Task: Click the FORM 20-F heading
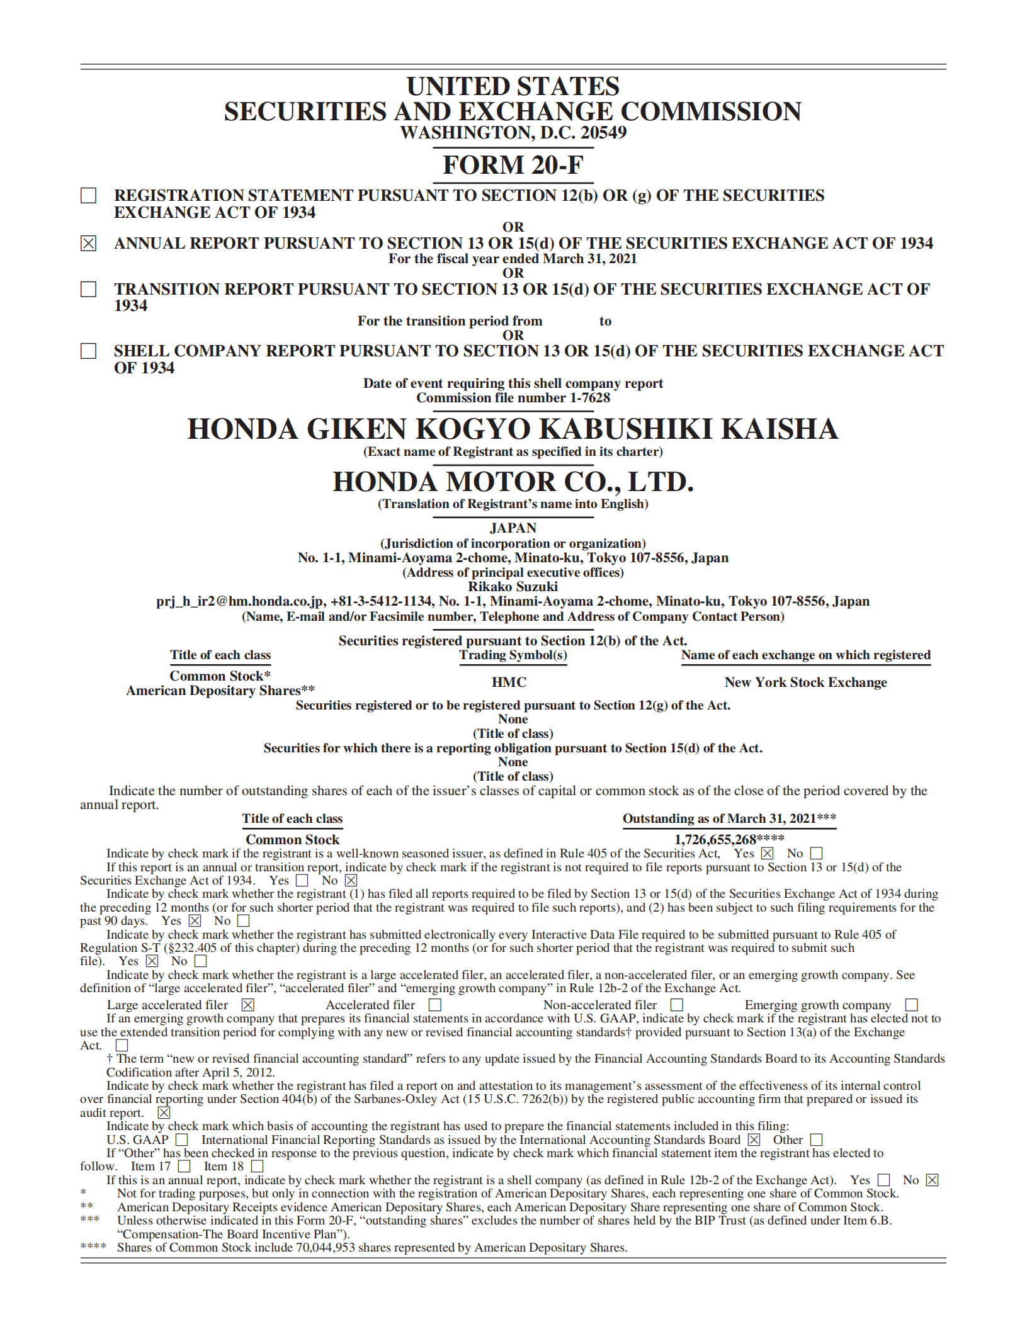(x=513, y=165)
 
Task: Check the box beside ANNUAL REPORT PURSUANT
(x=89, y=243)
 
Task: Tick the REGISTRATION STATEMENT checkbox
(x=89, y=196)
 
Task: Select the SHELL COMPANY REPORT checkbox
(x=89, y=351)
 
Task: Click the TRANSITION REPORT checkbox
(x=89, y=289)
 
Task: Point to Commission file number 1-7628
(x=513, y=398)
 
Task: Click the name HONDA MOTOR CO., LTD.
(x=513, y=482)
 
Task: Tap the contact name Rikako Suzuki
(x=513, y=587)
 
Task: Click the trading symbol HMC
(x=509, y=682)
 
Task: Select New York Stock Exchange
(x=805, y=682)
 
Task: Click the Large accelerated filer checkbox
(x=248, y=1005)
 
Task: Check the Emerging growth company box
(x=911, y=1005)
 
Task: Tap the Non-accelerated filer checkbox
(x=677, y=1005)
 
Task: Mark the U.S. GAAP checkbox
(x=182, y=1140)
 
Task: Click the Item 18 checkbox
(x=257, y=1167)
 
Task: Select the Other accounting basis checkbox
(x=817, y=1140)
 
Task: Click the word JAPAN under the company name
(x=513, y=528)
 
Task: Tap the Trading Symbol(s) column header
(x=513, y=655)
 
